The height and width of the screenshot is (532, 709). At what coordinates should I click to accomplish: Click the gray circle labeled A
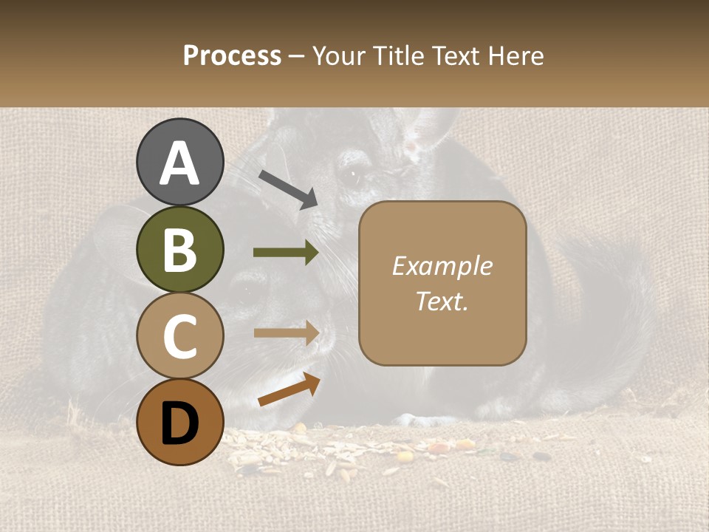[179, 162]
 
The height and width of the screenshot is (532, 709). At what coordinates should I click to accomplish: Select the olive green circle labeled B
[179, 249]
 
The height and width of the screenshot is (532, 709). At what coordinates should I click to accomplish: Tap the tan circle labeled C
[179, 336]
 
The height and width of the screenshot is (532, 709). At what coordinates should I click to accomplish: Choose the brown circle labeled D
[179, 422]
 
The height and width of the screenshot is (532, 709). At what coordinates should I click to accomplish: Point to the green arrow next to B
[286, 253]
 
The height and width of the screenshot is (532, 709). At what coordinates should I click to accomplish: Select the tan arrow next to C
[286, 332]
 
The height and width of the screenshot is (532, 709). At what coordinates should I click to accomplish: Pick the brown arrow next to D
[289, 389]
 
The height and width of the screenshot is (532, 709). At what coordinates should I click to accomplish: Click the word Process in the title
[232, 55]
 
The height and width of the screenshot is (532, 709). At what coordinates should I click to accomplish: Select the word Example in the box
[442, 266]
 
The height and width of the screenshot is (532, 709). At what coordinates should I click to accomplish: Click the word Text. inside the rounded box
[442, 301]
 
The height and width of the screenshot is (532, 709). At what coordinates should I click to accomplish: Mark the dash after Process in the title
[297, 57]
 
